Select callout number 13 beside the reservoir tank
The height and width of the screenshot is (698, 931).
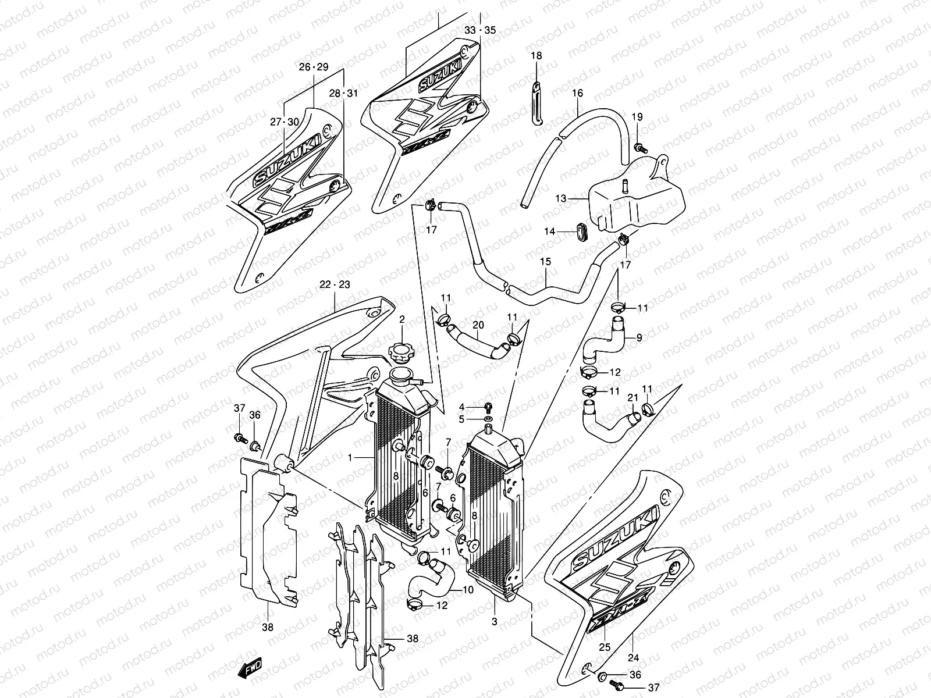[560, 199]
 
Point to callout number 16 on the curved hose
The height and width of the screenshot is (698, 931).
[577, 93]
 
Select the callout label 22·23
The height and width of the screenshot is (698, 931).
[335, 285]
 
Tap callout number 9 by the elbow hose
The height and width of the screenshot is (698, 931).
[639, 337]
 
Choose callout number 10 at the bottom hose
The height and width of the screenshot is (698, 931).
[468, 590]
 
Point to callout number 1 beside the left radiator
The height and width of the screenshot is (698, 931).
[350, 458]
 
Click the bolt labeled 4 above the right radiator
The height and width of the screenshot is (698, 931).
[488, 407]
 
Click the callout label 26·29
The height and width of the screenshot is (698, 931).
[314, 67]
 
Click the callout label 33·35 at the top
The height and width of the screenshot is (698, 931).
[480, 30]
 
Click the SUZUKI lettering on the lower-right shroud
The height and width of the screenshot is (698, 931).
[617, 539]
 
